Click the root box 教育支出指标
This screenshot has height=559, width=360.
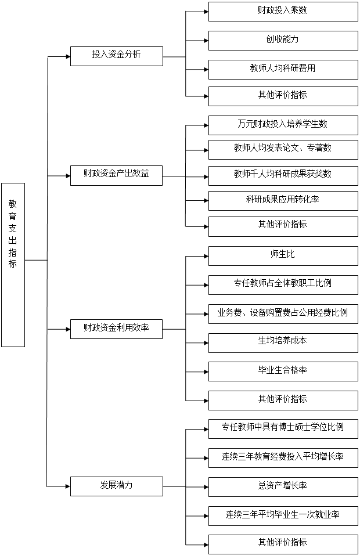[x=13, y=265]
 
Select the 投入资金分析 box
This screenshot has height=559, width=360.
[x=116, y=56]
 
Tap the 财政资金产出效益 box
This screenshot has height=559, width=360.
[x=116, y=175]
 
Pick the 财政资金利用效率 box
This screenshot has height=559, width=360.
[x=116, y=329]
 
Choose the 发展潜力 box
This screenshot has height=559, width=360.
[x=116, y=486]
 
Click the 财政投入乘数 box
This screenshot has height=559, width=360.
[x=283, y=12]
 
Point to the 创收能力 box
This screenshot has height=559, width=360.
[x=283, y=40]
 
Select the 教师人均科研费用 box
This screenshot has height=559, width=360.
[x=283, y=69]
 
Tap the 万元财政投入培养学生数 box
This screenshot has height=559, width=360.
[x=283, y=125]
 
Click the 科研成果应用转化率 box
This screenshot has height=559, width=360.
[x=283, y=200]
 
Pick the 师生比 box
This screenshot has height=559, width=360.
[x=283, y=255]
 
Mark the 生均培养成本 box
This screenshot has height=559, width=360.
[x=283, y=342]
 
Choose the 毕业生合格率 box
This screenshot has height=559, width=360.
[x=283, y=371]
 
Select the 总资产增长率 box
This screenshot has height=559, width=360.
[x=283, y=486]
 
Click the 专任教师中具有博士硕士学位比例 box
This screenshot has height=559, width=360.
[x=283, y=428]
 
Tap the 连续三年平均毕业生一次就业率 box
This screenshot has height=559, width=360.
[x=283, y=515]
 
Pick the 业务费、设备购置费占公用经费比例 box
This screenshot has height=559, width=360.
[x=283, y=313]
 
